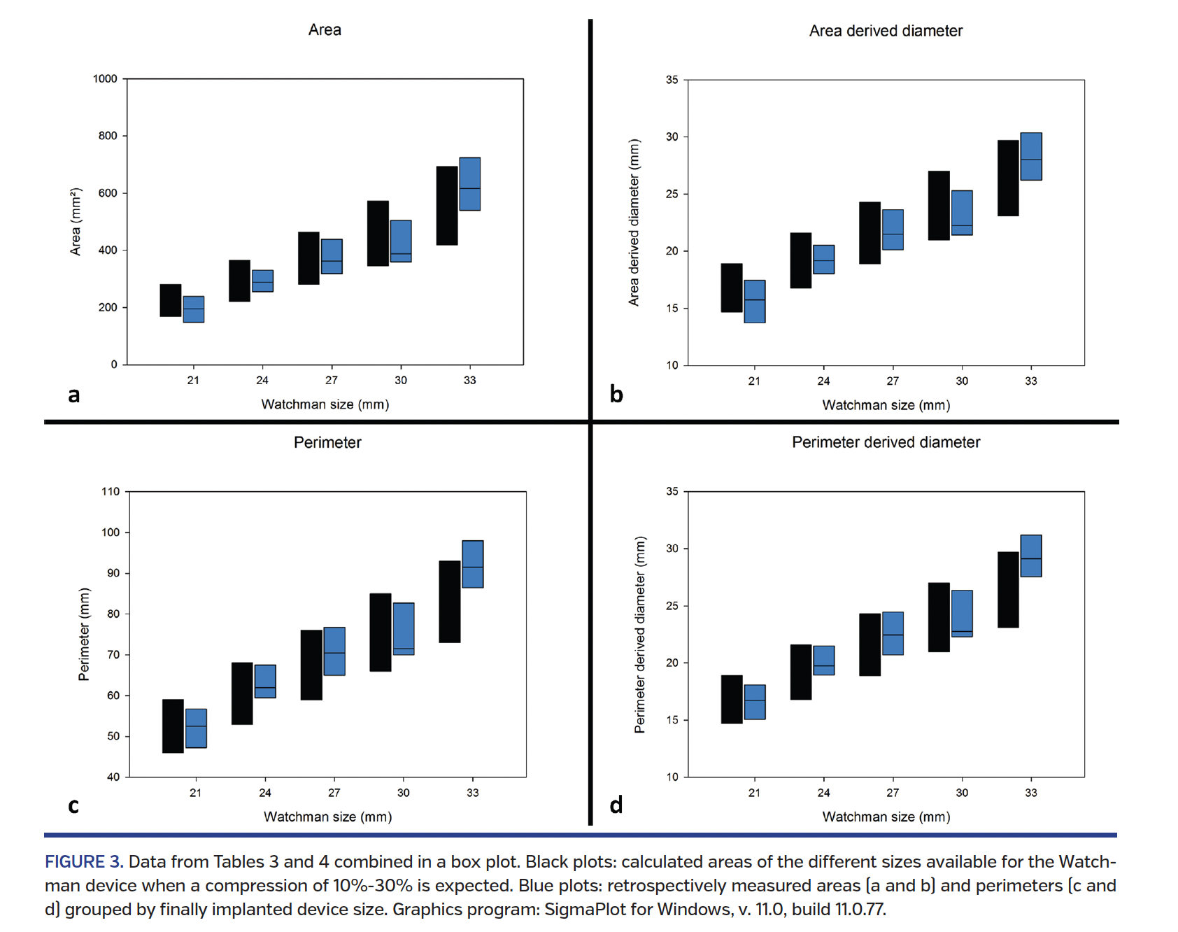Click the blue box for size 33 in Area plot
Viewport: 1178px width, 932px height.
pyautogui.click(x=469, y=183)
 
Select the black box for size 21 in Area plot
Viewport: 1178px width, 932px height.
pyautogui.click(x=170, y=300)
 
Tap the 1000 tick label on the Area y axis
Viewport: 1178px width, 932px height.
pyautogui.click(x=105, y=79)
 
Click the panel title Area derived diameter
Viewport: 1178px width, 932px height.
pyautogui.click(x=885, y=31)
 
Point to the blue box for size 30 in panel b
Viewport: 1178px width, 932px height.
pyautogui.click(x=962, y=213)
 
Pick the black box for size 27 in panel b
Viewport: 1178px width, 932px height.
pyautogui.click(x=870, y=233)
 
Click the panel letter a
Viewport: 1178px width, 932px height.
pyautogui.click(x=73, y=395)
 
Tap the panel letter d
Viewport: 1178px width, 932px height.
pyautogui.click(x=616, y=805)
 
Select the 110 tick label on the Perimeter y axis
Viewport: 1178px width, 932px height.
pyautogui.click(x=111, y=491)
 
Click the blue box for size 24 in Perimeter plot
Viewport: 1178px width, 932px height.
pyautogui.click(x=265, y=681)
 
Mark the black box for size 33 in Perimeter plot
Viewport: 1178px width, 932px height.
pyautogui.click(x=449, y=602)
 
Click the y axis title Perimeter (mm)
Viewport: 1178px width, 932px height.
pyautogui.click(x=84, y=634)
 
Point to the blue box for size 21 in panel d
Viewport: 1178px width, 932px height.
pyautogui.click(x=755, y=702)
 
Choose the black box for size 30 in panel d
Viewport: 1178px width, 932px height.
pyautogui.click(x=939, y=617)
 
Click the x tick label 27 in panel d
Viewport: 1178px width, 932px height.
pyautogui.click(x=893, y=793)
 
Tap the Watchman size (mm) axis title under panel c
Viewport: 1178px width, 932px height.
pyautogui.click(x=327, y=817)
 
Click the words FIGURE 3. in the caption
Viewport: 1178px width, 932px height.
pyautogui.click(x=84, y=861)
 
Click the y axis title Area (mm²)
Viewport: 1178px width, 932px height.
pyautogui.click(x=76, y=222)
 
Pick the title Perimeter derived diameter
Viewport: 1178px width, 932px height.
pyautogui.click(x=885, y=442)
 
